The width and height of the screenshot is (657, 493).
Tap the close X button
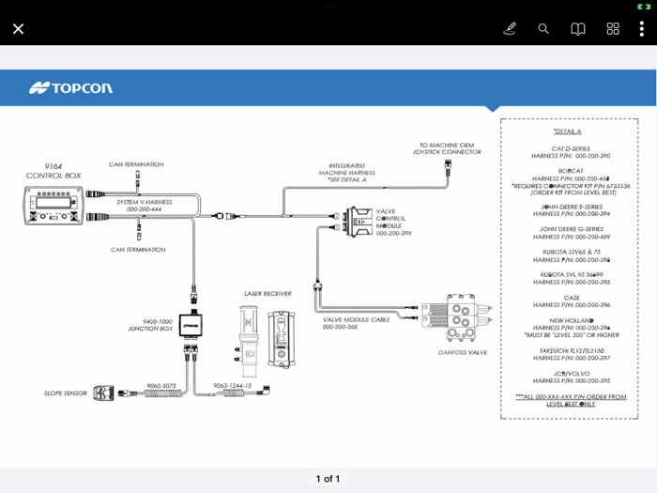point(18,29)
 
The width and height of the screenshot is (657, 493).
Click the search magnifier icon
point(543,29)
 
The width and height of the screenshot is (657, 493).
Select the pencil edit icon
point(510,29)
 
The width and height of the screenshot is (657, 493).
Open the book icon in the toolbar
point(578,29)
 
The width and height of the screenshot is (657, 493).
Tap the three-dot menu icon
point(641,29)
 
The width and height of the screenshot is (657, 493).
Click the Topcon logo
point(70,88)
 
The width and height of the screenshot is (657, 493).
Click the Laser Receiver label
point(267,294)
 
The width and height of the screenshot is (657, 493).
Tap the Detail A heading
point(568,131)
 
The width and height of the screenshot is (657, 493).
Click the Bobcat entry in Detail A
point(570,172)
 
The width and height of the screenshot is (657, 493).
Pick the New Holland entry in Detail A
point(570,320)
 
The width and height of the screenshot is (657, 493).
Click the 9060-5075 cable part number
point(160,385)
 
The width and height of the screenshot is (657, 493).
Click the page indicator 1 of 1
point(328,479)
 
